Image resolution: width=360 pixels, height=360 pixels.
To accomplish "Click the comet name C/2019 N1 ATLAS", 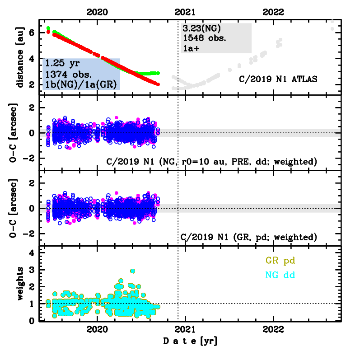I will [x=278, y=79].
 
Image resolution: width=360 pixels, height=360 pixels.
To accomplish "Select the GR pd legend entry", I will [x=280, y=261].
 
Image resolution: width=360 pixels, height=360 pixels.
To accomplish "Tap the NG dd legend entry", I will [x=280, y=274].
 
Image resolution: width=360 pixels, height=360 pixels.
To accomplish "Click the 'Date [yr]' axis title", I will [x=190, y=341].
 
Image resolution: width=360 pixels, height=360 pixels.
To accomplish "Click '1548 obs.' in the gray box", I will [x=205, y=38].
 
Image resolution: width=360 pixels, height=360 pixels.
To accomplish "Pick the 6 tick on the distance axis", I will [x=32, y=33].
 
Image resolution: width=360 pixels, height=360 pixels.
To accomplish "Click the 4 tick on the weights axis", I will [x=32, y=253].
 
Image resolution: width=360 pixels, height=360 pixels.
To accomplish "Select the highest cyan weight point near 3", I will [x=133, y=271].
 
